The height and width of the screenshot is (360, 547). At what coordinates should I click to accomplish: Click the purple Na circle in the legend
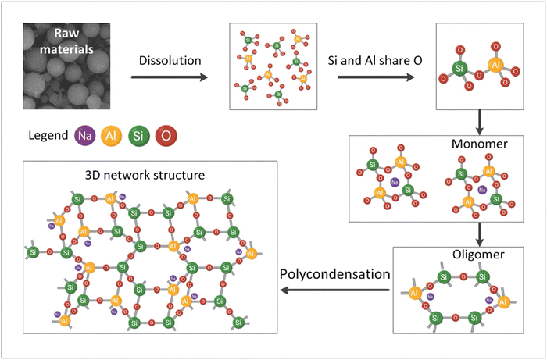(x=86, y=137)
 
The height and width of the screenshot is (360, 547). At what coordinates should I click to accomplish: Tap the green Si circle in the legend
(x=139, y=137)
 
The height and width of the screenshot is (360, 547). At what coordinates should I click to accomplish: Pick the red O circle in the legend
(x=166, y=137)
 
